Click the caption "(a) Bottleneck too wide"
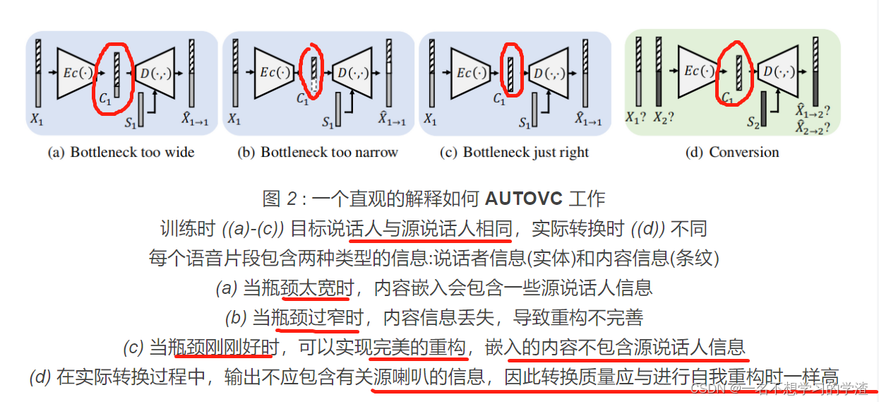point(121,152)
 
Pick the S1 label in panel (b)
point(328,123)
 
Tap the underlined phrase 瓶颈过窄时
point(317,318)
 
